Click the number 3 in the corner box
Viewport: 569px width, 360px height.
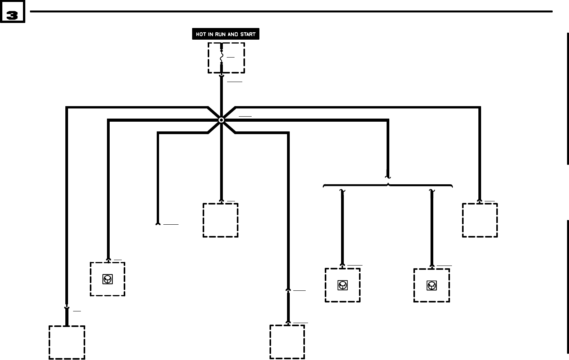coord(12,15)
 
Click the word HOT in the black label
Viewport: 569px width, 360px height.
coord(201,34)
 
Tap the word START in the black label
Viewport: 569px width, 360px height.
coord(248,34)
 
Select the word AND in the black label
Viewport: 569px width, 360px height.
coord(233,34)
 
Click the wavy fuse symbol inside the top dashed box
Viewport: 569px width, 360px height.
coord(222,58)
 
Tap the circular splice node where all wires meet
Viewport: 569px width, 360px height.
coord(221,120)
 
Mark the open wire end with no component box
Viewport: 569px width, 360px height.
coord(158,224)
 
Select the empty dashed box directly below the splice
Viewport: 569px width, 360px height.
coord(221,220)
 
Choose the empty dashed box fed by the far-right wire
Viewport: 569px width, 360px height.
coord(480,220)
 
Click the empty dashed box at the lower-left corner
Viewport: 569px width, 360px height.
coord(67,343)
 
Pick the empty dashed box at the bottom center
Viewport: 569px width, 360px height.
coord(287,342)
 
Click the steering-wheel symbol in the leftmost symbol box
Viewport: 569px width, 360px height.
coord(107,279)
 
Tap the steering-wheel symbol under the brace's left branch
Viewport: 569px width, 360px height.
coord(342,285)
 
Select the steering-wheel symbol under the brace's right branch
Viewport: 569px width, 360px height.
coord(431,286)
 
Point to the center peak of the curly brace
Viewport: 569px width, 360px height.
coord(388,183)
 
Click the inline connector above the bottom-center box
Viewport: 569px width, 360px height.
coord(288,290)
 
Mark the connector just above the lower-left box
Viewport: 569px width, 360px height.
coord(67,309)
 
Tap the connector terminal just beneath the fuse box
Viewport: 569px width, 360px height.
coord(222,76)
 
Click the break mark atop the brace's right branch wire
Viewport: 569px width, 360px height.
coord(432,190)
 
